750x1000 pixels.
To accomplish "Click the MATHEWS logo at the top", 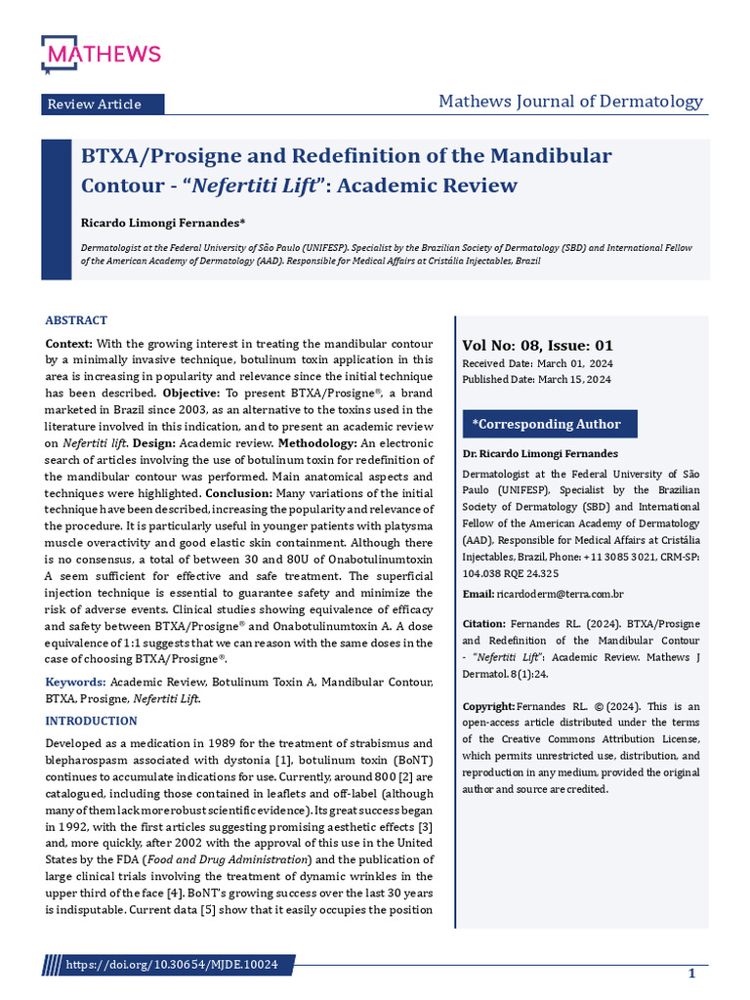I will click(x=101, y=53).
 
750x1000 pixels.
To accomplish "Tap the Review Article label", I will click(x=94, y=104).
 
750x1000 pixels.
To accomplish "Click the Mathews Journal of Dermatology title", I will click(x=570, y=102).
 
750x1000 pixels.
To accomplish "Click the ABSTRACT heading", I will click(x=76, y=320).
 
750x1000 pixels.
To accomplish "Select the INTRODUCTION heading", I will click(x=92, y=721).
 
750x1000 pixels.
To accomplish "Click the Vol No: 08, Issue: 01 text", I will click(x=537, y=345).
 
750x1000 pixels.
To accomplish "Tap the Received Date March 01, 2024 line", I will click(x=537, y=363).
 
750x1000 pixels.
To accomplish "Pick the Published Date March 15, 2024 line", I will click(x=537, y=380).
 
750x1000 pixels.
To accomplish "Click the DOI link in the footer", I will click(x=171, y=965).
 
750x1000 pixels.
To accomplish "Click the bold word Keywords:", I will click(x=75, y=681).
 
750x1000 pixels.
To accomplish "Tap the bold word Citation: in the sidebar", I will click(x=483, y=623).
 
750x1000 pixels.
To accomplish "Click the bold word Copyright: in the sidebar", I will click(x=487, y=706).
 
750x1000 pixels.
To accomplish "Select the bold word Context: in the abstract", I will click(x=68, y=345).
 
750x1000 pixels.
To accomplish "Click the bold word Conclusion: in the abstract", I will click(x=240, y=493).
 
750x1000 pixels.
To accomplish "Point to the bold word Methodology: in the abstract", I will click(x=319, y=443).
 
